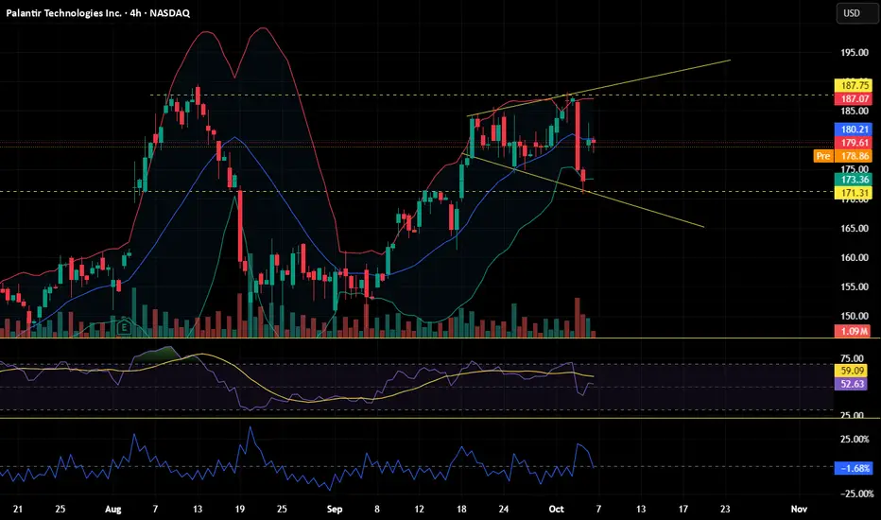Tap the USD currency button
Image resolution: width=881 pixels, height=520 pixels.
(851, 13)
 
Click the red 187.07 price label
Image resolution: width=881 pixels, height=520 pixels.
(850, 98)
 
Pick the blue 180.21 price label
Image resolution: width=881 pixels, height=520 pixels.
(850, 130)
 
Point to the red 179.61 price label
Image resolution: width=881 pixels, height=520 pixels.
(850, 143)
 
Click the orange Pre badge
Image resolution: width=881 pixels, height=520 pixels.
(822, 155)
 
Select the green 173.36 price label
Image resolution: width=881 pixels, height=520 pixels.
(850, 179)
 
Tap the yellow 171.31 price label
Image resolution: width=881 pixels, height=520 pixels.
(850, 193)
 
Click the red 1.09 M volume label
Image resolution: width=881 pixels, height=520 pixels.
(850, 331)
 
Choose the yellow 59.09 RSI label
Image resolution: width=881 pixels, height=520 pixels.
(850, 371)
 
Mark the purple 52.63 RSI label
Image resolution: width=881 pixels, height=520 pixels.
(850, 384)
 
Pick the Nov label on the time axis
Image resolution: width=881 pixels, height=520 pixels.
(799, 508)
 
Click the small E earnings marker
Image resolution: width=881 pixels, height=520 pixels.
(124, 327)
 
